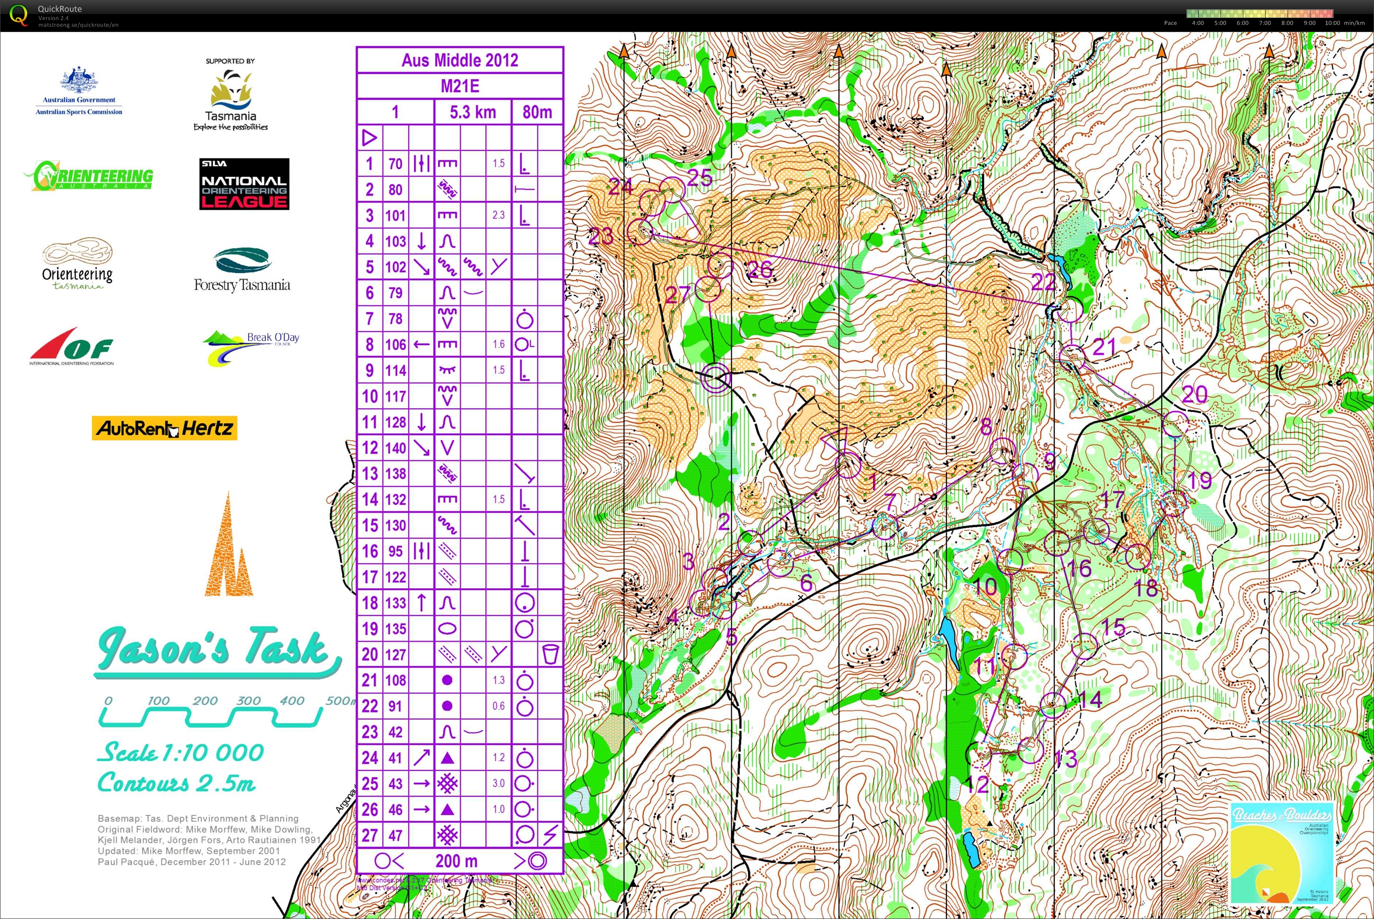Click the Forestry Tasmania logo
[x=242, y=270]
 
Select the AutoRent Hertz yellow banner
[x=165, y=428]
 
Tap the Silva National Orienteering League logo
[x=244, y=184]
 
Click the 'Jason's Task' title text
[x=214, y=648]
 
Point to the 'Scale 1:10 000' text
[x=180, y=752]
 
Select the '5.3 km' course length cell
[x=472, y=112]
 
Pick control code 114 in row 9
[x=395, y=370]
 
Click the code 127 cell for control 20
[x=395, y=654]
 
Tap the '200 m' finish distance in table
[x=456, y=861]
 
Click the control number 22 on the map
[x=1043, y=282]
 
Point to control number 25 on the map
[x=700, y=177]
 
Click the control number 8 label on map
[x=986, y=427]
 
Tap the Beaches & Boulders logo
[x=1281, y=853]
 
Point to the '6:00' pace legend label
[x=1243, y=23]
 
